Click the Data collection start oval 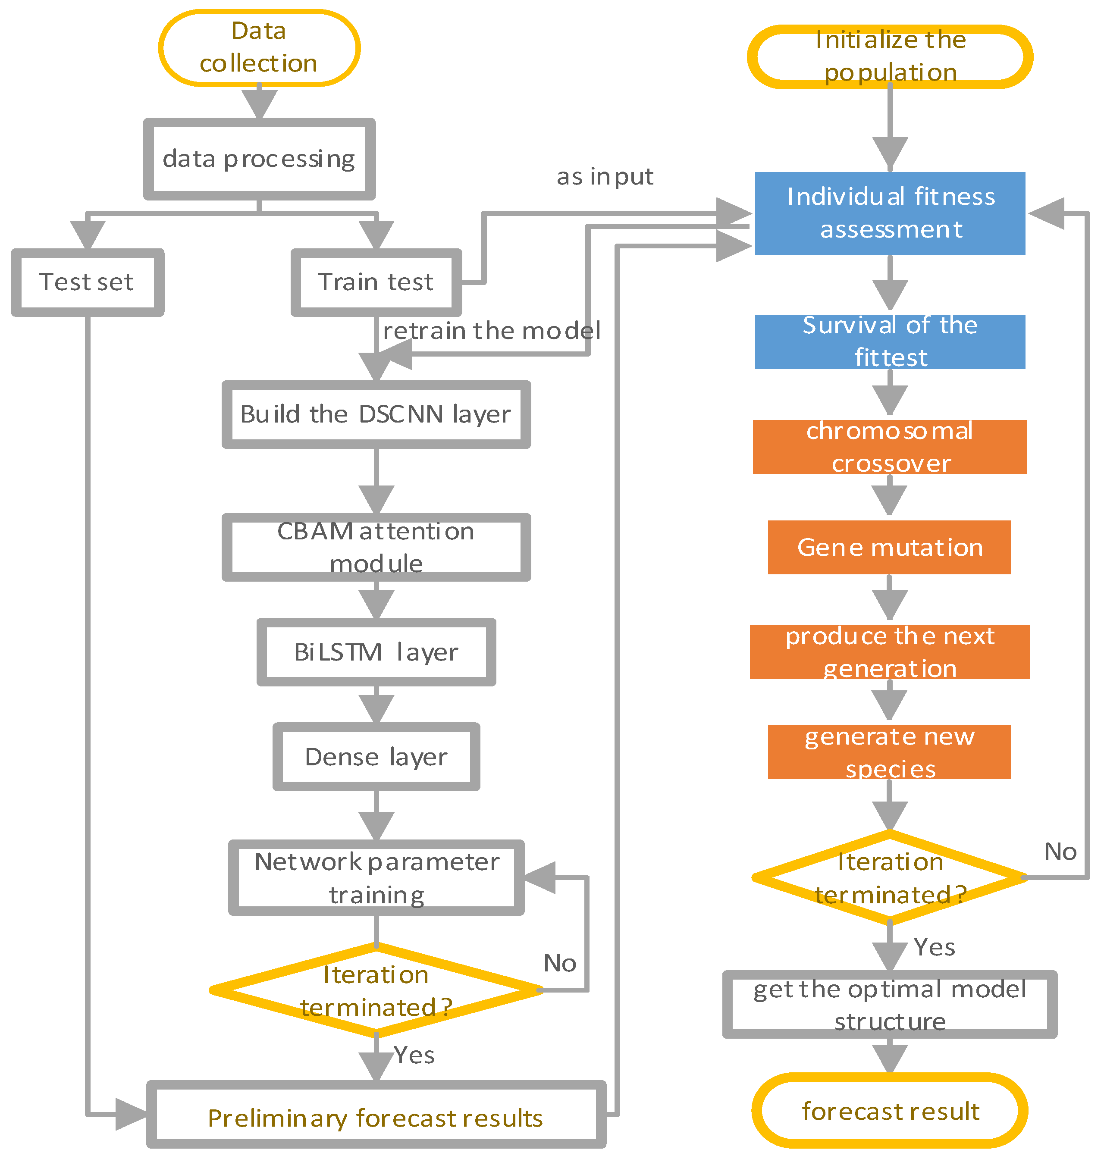(x=259, y=47)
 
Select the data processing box (x=259, y=159)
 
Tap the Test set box (x=87, y=282)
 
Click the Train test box (x=376, y=282)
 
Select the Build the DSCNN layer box (x=376, y=414)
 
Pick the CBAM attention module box (x=376, y=547)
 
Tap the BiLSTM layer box (x=376, y=652)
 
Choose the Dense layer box (x=376, y=757)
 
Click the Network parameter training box (x=376, y=877)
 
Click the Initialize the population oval (x=889, y=56)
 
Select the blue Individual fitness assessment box (x=889, y=213)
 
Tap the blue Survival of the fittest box (x=889, y=341)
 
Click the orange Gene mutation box (x=889, y=547)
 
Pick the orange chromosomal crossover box (x=889, y=447)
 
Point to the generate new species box (x=889, y=752)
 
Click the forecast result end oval (x=889, y=1111)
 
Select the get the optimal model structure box (x=889, y=1005)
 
